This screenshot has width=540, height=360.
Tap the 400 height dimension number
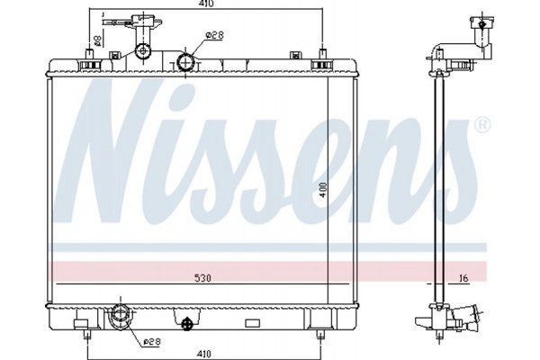click(322, 191)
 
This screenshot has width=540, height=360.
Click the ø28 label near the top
click(214, 35)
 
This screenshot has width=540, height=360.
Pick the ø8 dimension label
click(97, 40)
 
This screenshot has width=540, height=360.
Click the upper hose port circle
click(186, 62)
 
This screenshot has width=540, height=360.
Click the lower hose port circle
click(119, 316)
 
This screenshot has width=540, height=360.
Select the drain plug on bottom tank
click(187, 323)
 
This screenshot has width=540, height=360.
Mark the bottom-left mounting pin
click(87, 335)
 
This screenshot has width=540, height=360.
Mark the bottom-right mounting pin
click(320, 335)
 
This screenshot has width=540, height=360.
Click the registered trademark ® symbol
click(481, 124)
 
